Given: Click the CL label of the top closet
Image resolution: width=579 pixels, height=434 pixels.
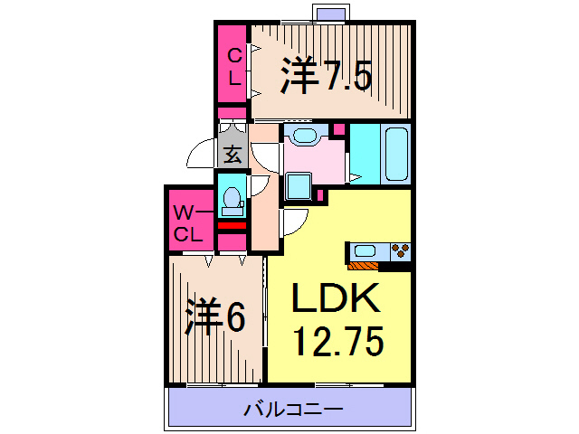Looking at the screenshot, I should pyautogui.click(x=233, y=66).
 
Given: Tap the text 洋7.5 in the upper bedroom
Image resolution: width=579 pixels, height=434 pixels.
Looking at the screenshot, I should pyautogui.click(x=326, y=77).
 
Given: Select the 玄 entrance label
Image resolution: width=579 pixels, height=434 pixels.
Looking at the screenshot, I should pyautogui.click(x=232, y=154).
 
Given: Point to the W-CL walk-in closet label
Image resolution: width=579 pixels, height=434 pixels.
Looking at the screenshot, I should pyautogui.click(x=188, y=224).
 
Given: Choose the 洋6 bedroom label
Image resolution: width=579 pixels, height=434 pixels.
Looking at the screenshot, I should pyautogui.click(x=215, y=316).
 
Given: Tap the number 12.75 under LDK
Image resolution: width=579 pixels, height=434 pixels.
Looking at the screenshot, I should pyautogui.click(x=338, y=342).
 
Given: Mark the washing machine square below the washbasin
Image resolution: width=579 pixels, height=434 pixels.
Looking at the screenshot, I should pyautogui.click(x=298, y=186).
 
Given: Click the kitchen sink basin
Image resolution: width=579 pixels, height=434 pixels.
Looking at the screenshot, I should pyautogui.click(x=365, y=250).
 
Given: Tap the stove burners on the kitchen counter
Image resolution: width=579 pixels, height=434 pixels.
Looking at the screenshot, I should pyautogui.click(x=399, y=250).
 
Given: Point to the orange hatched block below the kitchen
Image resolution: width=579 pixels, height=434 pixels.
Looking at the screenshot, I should pyautogui.click(x=364, y=266).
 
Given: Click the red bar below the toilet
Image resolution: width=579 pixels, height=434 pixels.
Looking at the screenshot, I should pyautogui.click(x=232, y=225).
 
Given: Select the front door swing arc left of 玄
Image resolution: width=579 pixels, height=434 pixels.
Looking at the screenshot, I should pyautogui.click(x=202, y=156).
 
